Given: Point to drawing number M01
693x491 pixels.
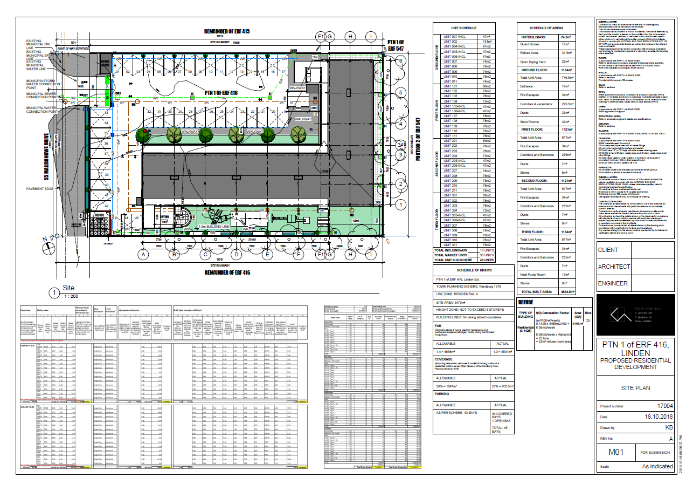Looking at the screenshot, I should tap(616, 452).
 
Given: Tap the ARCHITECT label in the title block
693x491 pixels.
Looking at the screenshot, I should tap(614, 267).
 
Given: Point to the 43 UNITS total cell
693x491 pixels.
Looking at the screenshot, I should tap(487, 260).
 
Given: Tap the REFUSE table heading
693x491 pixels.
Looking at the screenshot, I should tap(525, 303).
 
